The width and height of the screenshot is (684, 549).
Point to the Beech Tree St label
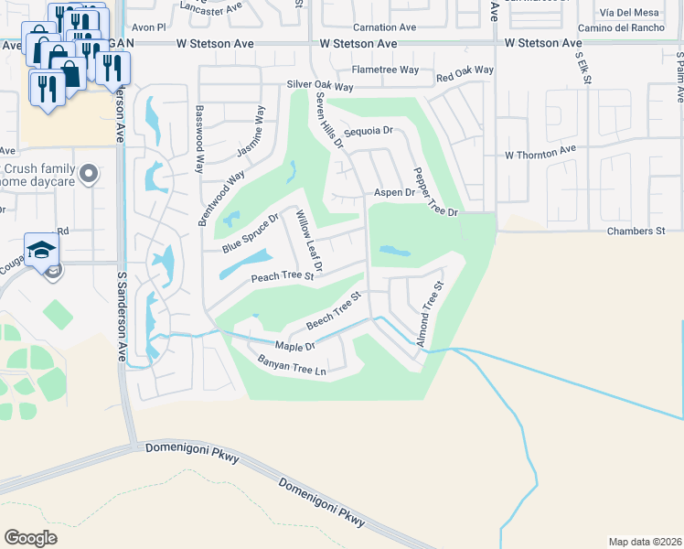coord(335,311)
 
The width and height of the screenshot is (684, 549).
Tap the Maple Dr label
coord(297,347)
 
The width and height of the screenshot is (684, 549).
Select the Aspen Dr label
coord(394,193)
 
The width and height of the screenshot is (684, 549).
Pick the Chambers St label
coord(635,231)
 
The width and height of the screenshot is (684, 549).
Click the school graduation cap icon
coord(41,249)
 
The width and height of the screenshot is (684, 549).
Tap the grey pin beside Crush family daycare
coord(89,172)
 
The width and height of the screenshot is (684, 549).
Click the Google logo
coord(31,537)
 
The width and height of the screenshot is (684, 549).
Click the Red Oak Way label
coord(465,70)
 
